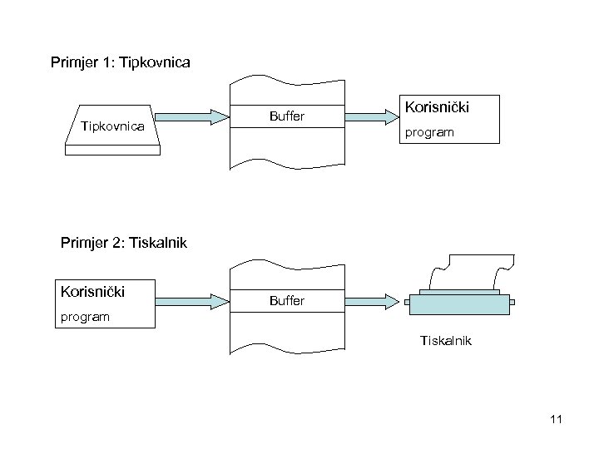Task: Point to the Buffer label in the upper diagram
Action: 287,117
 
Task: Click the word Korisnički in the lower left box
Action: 92,292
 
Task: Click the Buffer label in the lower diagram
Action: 287,301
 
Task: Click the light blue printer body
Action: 460,303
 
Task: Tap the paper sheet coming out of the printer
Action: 466,270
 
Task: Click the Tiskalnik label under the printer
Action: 446,340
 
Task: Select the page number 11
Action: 557,420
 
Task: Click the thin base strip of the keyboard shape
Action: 111,150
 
